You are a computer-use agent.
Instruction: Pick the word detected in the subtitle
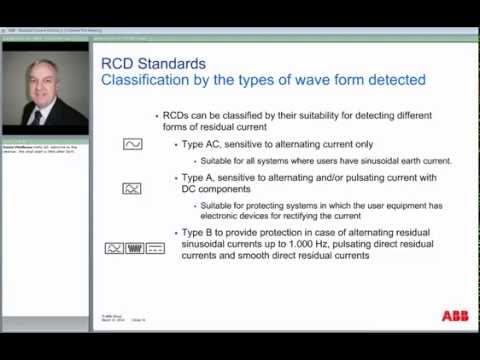tap(394, 79)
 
